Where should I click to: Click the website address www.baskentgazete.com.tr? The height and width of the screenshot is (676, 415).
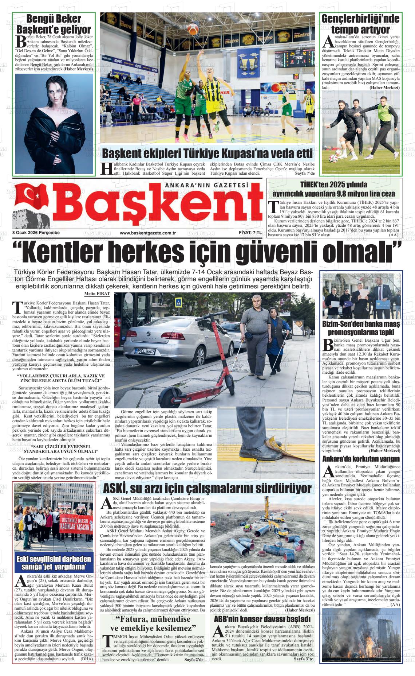tap(148, 233)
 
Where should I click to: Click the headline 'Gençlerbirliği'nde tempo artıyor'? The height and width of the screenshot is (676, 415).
tap(361, 24)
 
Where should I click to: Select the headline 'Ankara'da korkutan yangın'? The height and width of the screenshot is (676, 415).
tap(361, 459)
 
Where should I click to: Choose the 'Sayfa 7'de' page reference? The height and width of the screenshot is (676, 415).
tap(304, 173)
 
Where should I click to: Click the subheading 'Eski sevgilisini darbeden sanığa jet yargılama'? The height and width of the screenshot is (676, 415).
tap(54, 563)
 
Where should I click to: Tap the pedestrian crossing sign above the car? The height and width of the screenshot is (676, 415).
tap(178, 303)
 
